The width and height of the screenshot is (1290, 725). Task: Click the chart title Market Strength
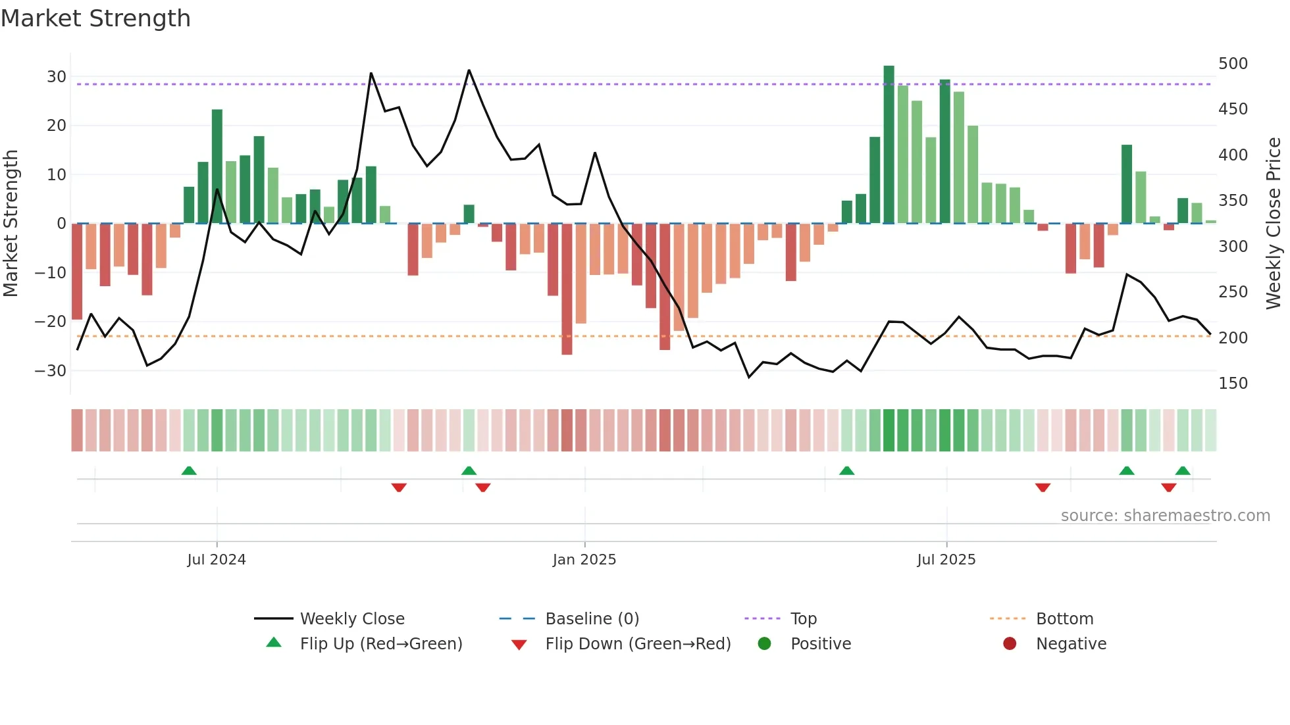click(95, 18)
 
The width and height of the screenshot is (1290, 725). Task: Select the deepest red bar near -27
click(567, 289)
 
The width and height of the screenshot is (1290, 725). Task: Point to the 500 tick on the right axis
click(1232, 64)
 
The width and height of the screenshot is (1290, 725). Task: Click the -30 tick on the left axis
click(51, 370)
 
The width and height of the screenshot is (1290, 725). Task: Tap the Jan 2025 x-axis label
click(584, 560)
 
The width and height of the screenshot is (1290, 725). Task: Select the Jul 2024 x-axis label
click(216, 560)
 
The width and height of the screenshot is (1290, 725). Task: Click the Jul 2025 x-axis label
click(946, 560)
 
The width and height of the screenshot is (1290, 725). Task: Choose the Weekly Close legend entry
click(351, 619)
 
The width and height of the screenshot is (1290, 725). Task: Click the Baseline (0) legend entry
click(592, 619)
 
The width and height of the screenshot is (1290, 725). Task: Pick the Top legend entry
click(803, 619)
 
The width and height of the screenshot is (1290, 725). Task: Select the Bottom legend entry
click(1064, 619)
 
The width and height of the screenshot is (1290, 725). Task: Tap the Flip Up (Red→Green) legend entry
click(380, 644)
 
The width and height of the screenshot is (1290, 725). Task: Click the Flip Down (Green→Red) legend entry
click(637, 644)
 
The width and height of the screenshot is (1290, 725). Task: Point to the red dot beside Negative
click(1009, 643)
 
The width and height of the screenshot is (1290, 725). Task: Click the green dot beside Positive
click(764, 643)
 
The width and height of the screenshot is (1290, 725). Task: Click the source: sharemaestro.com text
click(1165, 516)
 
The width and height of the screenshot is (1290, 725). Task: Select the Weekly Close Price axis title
click(1274, 224)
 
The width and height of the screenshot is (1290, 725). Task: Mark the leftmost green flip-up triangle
click(189, 470)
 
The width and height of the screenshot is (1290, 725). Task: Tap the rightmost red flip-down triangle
click(1168, 488)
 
